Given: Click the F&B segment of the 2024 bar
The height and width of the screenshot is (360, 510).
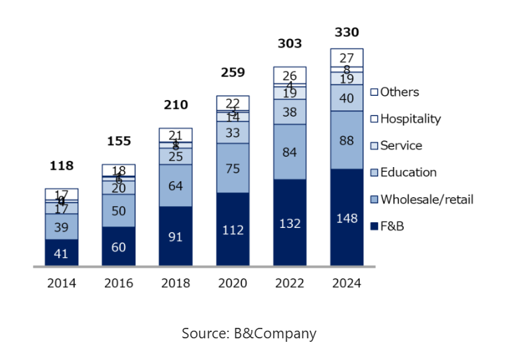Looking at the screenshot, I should click(x=347, y=217).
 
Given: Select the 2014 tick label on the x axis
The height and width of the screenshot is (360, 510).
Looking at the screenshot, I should click(x=61, y=283).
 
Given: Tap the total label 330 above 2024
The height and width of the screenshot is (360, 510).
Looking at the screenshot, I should click(x=347, y=32).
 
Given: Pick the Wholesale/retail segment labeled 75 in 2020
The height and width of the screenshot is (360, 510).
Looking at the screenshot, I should click(x=233, y=168).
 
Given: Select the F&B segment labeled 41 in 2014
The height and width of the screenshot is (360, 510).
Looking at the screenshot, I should click(x=61, y=253).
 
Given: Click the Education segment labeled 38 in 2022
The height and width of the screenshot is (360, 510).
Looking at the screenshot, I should click(x=290, y=112).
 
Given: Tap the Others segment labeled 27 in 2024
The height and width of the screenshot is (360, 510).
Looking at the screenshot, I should click(x=347, y=57).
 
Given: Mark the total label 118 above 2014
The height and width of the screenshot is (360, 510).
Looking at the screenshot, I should click(x=61, y=166).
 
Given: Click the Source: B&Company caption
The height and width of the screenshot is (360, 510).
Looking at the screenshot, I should click(x=249, y=333).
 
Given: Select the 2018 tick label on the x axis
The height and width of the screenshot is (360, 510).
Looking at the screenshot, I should click(x=175, y=283).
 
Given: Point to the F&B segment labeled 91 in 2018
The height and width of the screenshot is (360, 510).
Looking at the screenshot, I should click(x=175, y=236).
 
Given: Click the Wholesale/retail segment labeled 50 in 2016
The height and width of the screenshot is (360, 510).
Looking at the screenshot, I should click(x=119, y=210).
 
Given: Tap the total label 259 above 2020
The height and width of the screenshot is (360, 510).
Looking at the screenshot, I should click(x=233, y=72).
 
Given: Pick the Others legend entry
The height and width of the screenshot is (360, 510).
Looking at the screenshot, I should click(x=399, y=92).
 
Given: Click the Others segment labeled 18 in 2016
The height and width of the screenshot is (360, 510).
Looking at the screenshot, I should click(x=119, y=170).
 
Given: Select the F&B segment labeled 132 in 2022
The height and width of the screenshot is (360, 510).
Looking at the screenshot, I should click(x=290, y=223).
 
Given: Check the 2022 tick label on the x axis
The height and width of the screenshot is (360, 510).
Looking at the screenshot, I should click(x=290, y=283).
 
